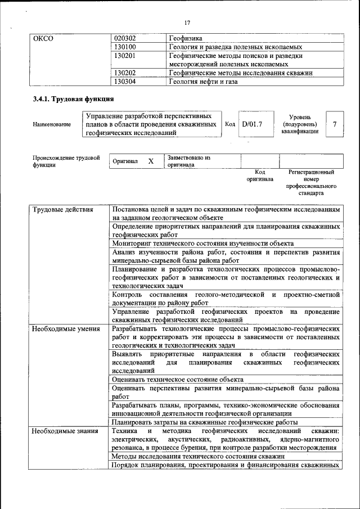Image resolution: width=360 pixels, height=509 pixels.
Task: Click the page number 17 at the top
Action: [187, 22]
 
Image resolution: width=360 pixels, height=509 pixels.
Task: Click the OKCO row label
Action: [43, 39]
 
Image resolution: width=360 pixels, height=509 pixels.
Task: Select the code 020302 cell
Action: [125, 39]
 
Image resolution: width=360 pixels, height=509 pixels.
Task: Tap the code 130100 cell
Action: [125, 47]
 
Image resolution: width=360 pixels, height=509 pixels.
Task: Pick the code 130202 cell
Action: [125, 73]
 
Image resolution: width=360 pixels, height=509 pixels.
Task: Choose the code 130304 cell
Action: [125, 81]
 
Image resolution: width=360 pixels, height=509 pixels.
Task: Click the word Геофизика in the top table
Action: [186, 39]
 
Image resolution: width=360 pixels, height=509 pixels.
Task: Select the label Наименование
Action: [52, 124]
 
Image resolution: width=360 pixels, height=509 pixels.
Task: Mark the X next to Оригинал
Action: [151, 161]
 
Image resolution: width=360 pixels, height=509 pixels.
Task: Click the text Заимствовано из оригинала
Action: [188, 161]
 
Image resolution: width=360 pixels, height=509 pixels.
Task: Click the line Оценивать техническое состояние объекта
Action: [177, 380]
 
